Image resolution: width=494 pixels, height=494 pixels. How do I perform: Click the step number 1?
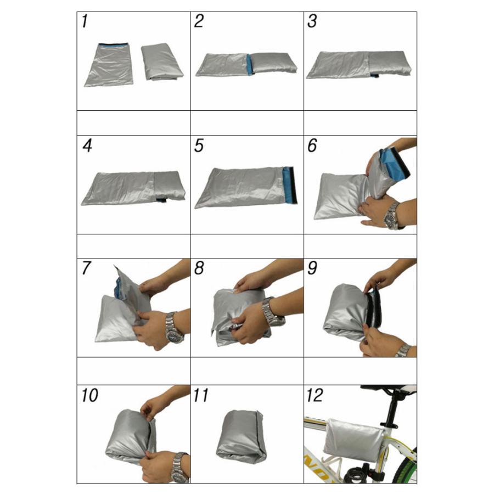click(85, 21)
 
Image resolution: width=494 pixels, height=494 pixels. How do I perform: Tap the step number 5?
click(199, 145)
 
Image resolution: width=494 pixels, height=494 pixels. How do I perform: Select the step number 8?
click(199, 268)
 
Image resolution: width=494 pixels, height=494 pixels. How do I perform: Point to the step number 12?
click(315, 395)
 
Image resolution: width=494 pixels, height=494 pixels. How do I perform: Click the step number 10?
click(90, 395)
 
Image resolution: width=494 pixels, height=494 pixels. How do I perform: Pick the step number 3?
click(312, 21)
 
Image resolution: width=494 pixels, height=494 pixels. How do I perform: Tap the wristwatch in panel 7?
click(174, 328)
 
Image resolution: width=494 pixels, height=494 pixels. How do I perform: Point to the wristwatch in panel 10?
click(180, 468)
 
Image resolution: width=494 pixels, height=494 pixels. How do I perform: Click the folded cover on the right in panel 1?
click(162, 61)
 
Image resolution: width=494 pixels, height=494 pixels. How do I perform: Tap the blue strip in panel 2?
click(250, 64)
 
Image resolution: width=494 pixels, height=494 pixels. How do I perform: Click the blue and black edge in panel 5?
click(289, 185)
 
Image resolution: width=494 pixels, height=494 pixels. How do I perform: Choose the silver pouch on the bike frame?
click(354, 439)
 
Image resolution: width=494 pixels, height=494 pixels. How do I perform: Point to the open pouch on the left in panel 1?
click(109, 65)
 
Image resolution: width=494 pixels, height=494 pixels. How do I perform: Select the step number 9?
click(312, 268)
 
